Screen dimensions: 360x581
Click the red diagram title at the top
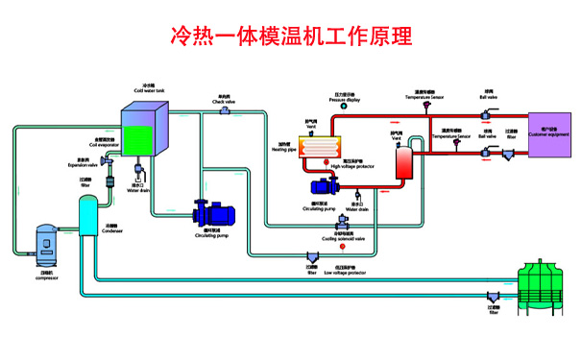pyautogui.click(x=290, y=36)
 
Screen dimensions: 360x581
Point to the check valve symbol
pyautogui.click(x=225, y=110)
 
